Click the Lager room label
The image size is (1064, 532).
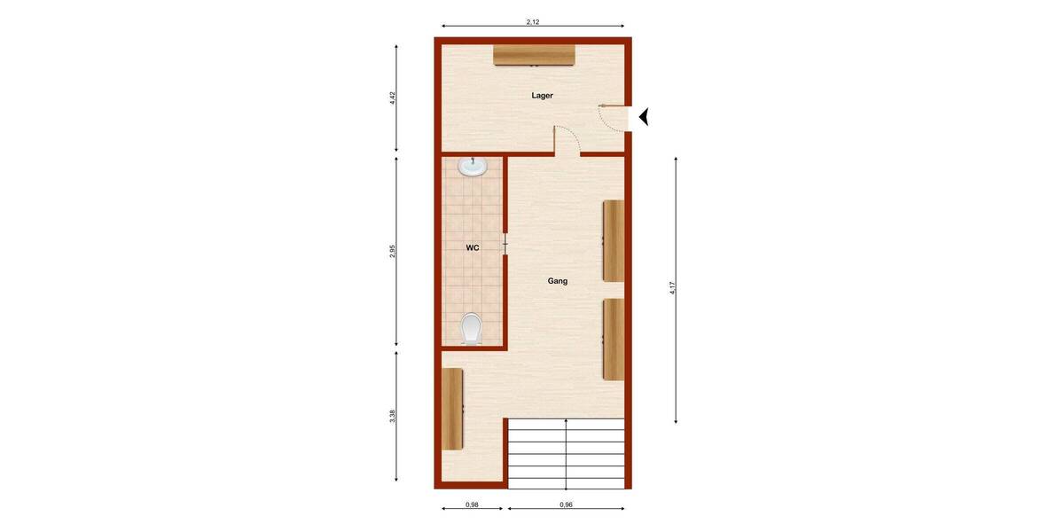click(x=543, y=95)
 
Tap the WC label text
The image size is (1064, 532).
click(x=473, y=247)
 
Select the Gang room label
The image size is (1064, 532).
click(x=557, y=281)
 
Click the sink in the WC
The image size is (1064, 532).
click(x=473, y=167)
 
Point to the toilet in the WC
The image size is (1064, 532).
click(x=472, y=328)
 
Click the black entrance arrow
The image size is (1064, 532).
click(x=644, y=116)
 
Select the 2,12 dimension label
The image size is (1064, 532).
click(x=533, y=21)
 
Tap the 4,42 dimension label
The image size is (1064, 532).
click(x=392, y=98)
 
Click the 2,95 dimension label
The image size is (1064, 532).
click(x=392, y=251)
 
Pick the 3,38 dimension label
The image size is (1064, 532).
click(x=392, y=416)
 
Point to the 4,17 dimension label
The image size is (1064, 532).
click(x=673, y=288)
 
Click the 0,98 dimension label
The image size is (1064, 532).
click(x=472, y=505)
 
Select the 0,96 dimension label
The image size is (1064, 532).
click(x=566, y=505)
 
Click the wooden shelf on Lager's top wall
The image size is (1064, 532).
click(x=535, y=55)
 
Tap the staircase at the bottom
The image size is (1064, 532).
click(x=566, y=451)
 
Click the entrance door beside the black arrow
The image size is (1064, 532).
click(x=613, y=117)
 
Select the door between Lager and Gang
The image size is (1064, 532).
click(x=567, y=140)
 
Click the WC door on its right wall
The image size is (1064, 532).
click(x=505, y=243)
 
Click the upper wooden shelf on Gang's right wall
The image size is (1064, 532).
click(x=613, y=240)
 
